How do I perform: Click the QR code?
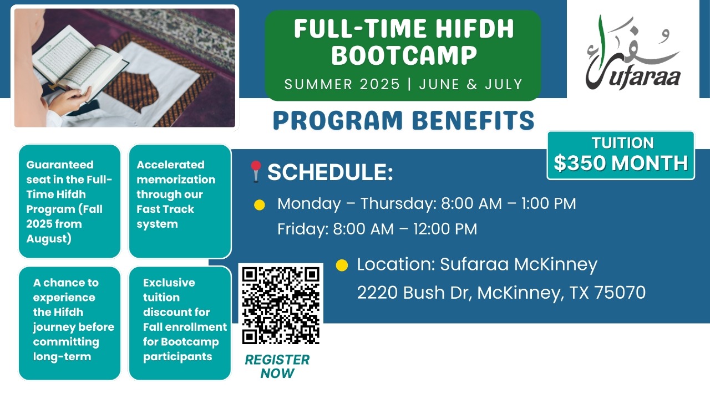click(x=281, y=305)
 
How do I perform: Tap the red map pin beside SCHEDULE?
click(x=256, y=171)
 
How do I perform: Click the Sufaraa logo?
click(x=633, y=53)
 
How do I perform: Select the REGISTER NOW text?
click(x=277, y=366)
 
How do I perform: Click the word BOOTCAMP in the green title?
click(x=404, y=55)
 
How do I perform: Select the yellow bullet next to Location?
click(x=342, y=265)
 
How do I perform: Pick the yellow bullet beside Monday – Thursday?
click(x=259, y=205)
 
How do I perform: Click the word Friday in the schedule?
click(x=303, y=229)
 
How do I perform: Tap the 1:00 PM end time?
click(x=549, y=203)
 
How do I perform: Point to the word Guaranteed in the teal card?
click(x=60, y=165)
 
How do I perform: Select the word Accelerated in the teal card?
click(x=170, y=165)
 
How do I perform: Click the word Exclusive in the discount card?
click(x=169, y=283)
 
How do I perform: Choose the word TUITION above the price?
click(x=622, y=143)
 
